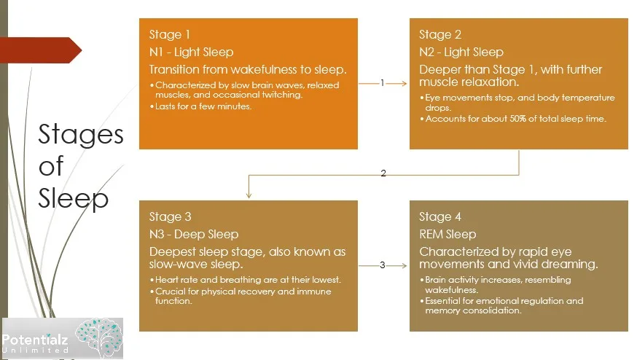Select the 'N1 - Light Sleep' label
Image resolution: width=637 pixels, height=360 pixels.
pos(191,52)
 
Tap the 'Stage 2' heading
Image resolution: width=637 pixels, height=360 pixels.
pos(439,35)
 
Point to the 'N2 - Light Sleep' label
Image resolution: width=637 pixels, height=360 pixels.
pos(461,52)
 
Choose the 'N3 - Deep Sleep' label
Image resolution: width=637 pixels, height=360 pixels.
pos(193,235)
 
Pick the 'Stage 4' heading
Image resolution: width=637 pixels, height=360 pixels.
pos(440,217)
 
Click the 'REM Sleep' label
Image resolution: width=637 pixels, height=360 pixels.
pos(448,235)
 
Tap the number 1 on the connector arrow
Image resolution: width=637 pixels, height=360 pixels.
pos(383,83)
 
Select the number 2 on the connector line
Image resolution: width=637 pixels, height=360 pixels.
pos(383,174)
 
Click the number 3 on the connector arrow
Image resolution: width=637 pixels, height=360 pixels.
pos(383,265)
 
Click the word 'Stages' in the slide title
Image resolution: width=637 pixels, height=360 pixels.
pos(80,136)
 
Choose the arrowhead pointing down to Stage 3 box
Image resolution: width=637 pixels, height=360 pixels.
pos(249,195)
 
